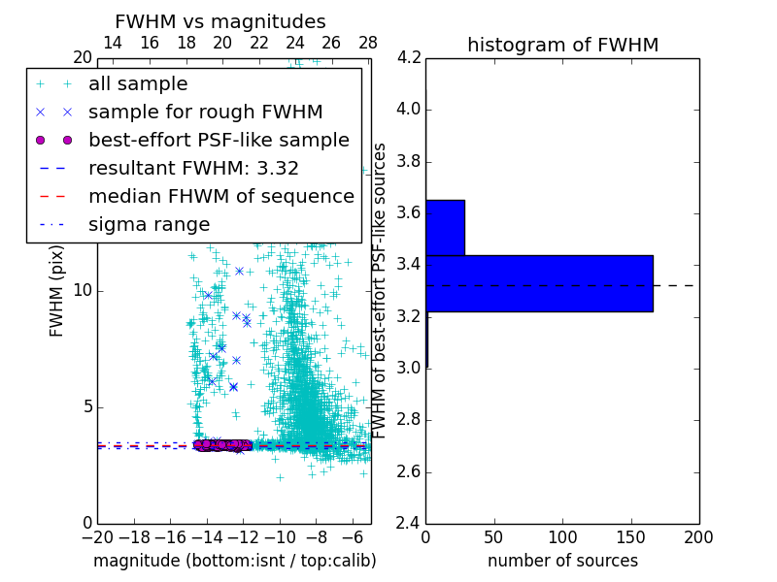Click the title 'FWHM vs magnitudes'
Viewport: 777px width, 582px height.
point(220,22)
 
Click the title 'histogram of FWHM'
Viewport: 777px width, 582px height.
point(562,45)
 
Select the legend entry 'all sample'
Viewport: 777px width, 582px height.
point(138,84)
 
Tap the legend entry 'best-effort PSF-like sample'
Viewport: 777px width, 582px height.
point(219,140)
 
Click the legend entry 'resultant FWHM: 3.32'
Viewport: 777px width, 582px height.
point(193,168)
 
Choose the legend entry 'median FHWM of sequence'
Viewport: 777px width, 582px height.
point(220,196)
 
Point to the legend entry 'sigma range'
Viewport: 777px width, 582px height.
point(149,224)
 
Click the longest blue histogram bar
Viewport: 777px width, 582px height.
point(539,283)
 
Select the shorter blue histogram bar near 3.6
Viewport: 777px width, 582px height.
point(445,228)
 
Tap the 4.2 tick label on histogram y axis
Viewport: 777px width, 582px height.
point(409,57)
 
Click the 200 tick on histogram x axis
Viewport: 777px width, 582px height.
point(698,536)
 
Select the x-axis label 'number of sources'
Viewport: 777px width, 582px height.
point(562,561)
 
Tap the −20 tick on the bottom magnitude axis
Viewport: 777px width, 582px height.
point(97,536)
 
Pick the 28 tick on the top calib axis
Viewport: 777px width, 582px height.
point(368,43)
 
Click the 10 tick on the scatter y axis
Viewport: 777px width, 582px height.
point(83,290)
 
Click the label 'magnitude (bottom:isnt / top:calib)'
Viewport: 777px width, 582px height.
point(234,561)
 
